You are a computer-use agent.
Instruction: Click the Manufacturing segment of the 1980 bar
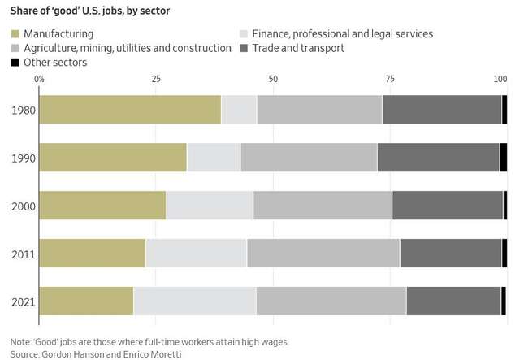(130, 109)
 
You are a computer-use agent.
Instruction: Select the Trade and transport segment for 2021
(453, 301)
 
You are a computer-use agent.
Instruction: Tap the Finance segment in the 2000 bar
(210, 205)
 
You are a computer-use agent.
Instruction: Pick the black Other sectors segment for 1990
(504, 157)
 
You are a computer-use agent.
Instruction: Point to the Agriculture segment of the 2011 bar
(323, 253)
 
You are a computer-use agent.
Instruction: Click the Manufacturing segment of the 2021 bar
(86, 301)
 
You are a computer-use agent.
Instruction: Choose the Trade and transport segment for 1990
(438, 157)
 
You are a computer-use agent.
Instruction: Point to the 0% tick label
(40, 78)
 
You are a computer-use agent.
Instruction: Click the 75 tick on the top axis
(390, 78)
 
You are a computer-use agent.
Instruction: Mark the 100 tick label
(500, 78)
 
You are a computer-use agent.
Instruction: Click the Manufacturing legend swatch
(15, 34)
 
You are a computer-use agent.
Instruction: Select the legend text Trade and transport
(298, 48)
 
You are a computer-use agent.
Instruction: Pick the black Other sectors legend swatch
(15, 62)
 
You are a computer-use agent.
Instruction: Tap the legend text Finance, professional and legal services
(342, 34)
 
